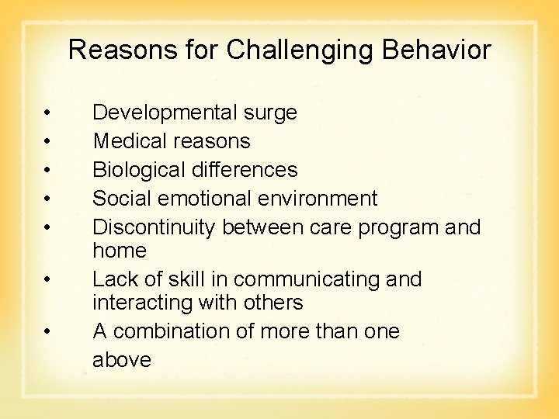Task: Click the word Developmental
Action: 165,113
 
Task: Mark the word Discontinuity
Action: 155,227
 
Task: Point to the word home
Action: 120,250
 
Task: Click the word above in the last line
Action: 122,360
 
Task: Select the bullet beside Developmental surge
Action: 48,114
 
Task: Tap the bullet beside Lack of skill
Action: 48,279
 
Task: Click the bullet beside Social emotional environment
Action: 48,199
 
